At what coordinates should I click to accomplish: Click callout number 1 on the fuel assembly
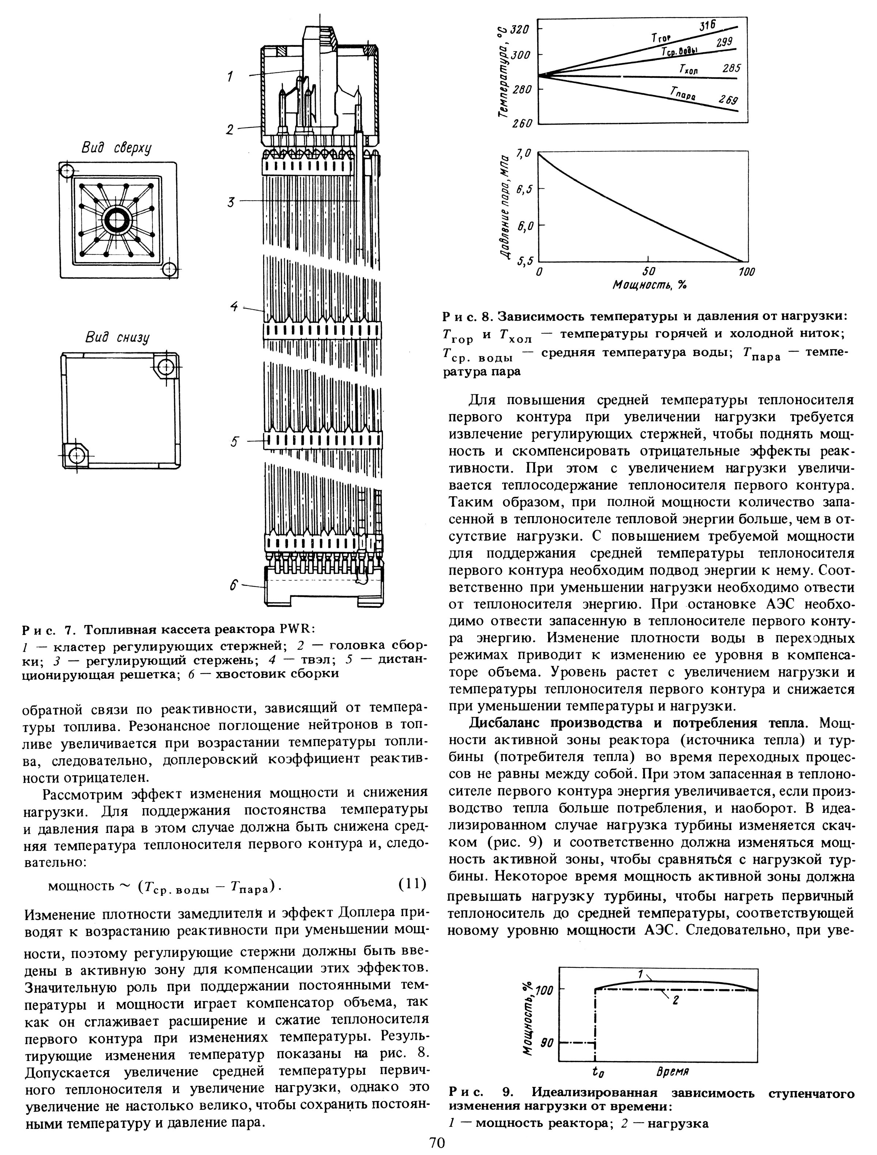coord(230,77)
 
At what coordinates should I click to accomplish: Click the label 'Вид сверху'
coord(116,148)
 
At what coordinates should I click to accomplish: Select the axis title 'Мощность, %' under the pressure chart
coord(650,285)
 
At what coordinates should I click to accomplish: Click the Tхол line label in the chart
coord(688,70)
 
